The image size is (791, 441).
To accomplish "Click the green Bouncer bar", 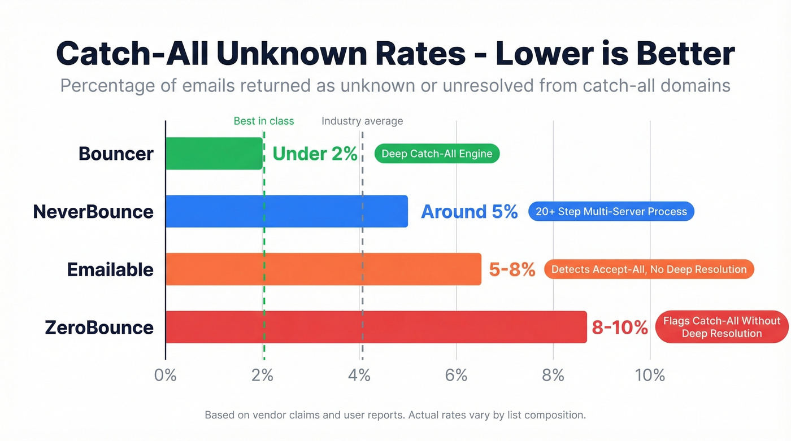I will (x=214, y=154).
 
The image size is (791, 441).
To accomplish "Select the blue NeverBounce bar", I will (x=286, y=211).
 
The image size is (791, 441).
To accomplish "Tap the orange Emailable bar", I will (x=323, y=269).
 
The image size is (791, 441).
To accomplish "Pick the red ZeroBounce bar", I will (x=376, y=327).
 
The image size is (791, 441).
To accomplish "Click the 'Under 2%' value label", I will (x=315, y=154).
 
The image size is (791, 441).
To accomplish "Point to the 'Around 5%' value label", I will (x=469, y=212).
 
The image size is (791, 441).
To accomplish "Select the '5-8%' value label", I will (x=512, y=270).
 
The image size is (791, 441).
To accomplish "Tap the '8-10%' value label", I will (x=619, y=328).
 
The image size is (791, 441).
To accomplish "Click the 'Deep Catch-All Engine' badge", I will (x=437, y=154).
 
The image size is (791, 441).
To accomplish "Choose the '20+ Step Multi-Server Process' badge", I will (x=611, y=212).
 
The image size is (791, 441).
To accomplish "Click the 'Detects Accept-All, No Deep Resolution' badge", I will (x=649, y=269).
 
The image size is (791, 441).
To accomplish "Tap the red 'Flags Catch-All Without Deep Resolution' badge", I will (x=722, y=328).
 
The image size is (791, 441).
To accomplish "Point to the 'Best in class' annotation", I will (x=264, y=121).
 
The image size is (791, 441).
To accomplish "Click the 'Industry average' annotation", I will (x=362, y=121).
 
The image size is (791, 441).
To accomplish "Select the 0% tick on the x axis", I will (x=166, y=375).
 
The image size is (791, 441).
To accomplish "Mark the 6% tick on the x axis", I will (x=456, y=375).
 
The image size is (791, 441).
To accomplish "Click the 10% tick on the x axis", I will (x=650, y=375).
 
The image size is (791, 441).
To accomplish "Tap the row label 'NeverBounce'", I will (x=93, y=212).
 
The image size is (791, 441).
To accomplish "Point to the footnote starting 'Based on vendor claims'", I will (x=395, y=415).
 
